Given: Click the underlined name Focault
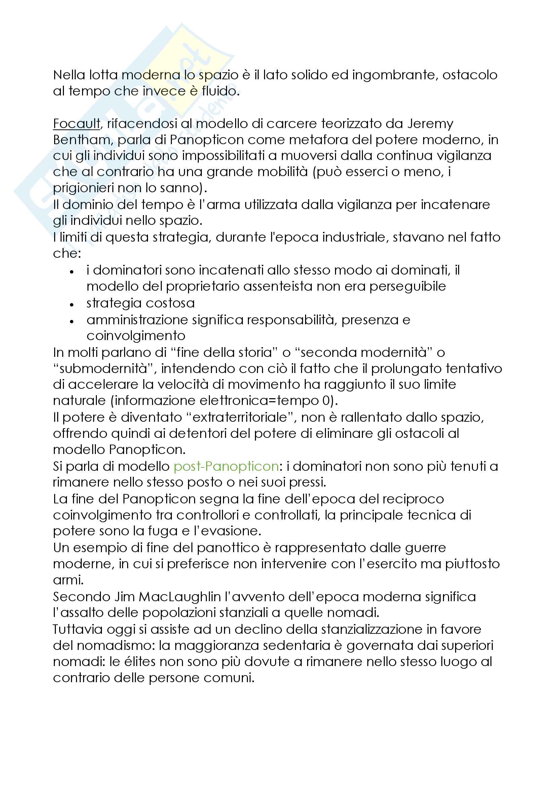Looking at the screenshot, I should pyautogui.click(x=76, y=124).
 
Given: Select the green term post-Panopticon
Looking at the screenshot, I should pyautogui.click(x=226, y=466).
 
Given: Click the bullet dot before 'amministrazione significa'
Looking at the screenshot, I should pyautogui.click(x=72, y=321).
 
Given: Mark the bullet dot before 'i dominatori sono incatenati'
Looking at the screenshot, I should pyautogui.click(x=72, y=272).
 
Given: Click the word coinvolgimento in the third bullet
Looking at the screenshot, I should pyautogui.click(x=136, y=336).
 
